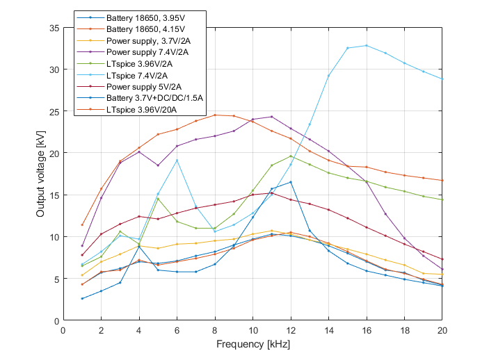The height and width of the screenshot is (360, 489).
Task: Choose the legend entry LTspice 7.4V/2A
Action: click(136, 75)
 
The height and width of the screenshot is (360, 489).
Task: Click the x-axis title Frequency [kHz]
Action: click(252, 344)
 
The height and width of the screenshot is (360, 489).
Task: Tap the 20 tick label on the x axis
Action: click(442, 331)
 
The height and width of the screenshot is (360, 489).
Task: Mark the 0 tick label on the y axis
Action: click(56, 321)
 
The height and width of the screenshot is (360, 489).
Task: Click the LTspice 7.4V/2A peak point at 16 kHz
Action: click(367, 45)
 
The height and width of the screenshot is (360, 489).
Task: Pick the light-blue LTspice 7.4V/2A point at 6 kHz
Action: click(177, 161)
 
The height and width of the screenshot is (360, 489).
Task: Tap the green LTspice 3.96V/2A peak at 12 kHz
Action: click(291, 156)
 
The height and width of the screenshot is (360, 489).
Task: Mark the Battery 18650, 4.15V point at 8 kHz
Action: click(215, 115)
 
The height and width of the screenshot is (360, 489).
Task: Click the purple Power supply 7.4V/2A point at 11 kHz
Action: click(272, 117)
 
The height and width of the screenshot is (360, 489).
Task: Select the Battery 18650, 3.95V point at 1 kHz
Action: click(82, 299)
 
